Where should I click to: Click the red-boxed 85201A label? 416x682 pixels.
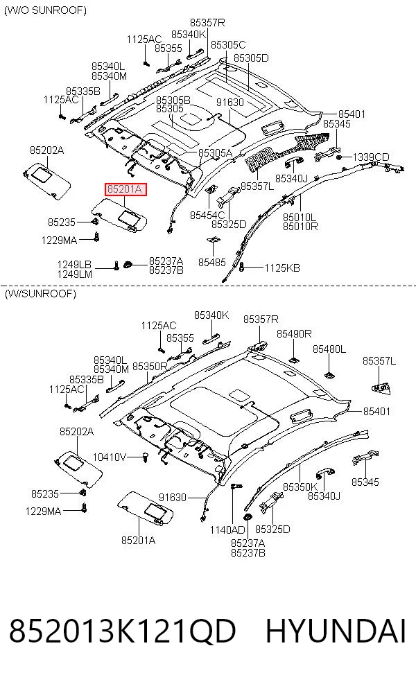[125, 190]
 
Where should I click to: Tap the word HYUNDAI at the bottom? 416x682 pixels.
[336, 631]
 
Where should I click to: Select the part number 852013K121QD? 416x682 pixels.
[122, 631]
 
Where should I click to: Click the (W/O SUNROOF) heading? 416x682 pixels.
[45, 10]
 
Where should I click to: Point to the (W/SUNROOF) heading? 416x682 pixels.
[40, 294]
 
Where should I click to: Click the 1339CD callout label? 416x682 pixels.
[371, 157]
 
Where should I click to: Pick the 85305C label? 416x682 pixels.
[228, 45]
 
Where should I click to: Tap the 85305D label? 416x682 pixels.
[251, 58]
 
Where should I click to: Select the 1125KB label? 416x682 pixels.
[282, 268]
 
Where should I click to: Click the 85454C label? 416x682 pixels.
[207, 215]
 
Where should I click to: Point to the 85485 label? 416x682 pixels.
[212, 262]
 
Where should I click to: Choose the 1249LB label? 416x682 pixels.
[74, 265]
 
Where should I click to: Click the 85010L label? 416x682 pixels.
[300, 217]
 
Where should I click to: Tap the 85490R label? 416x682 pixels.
[294, 333]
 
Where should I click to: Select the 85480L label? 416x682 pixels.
[329, 349]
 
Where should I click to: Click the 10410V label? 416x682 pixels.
[110, 457]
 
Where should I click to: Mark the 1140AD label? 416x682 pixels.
[227, 530]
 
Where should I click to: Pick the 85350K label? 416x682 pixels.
[300, 487]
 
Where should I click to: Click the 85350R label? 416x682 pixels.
[150, 367]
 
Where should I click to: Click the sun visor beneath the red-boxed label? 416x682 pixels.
[121, 214]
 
